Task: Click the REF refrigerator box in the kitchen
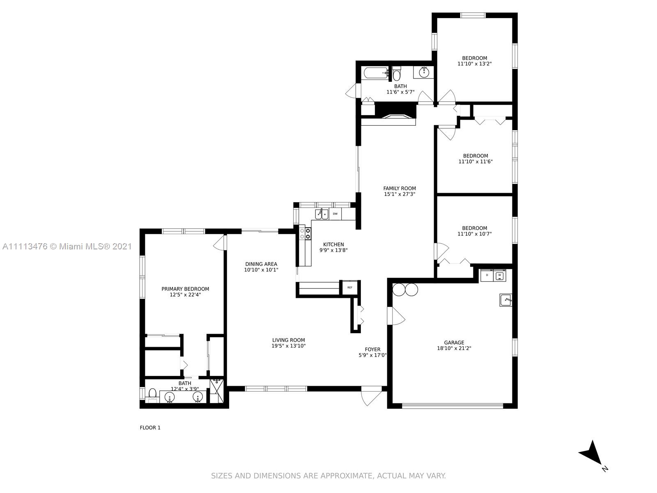(x=349, y=287)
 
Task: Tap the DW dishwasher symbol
(x=335, y=214)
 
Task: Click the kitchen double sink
(x=322, y=214)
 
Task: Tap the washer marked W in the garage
(x=499, y=275)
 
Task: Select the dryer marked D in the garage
(x=487, y=275)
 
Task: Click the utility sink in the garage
(x=505, y=300)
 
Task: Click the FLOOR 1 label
(x=150, y=428)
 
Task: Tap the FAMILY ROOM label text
(x=400, y=188)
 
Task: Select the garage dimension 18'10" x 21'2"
(x=454, y=348)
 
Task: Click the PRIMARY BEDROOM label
(x=185, y=289)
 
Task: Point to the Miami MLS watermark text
(x=67, y=246)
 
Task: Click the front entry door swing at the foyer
(x=372, y=397)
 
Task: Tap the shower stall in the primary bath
(x=217, y=391)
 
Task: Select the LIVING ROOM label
(x=289, y=340)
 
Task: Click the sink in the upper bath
(x=424, y=72)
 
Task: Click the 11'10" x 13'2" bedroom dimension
(x=474, y=64)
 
